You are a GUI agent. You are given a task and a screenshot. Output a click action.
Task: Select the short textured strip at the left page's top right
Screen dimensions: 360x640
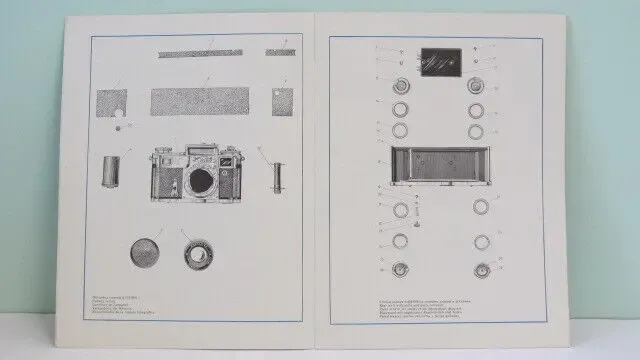coord(280,51)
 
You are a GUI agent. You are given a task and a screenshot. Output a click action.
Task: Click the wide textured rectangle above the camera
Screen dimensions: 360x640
coord(205,102)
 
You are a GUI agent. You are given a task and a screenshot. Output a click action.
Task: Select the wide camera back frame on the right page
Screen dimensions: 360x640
coord(440,166)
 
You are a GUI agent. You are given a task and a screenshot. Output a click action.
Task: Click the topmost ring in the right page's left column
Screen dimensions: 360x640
coord(402,84)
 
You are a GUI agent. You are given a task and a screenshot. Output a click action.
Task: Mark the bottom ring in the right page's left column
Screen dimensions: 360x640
coord(402,268)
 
